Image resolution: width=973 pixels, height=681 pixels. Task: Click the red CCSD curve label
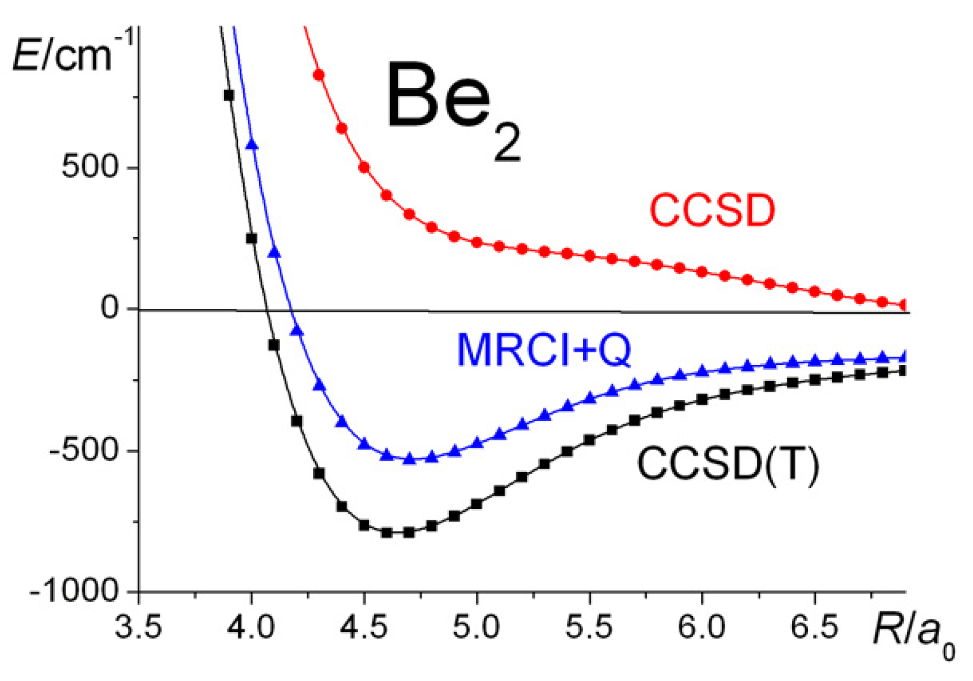tap(712, 210)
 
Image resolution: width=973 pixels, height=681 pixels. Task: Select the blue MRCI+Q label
tap(544, 350)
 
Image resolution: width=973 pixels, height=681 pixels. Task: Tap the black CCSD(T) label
tap(728, 464)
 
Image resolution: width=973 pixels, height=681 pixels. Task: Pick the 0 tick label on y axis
tap(110, 308)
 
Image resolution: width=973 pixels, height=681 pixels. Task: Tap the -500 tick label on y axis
tap(85, 451)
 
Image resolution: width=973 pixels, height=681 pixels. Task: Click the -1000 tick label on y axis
tap(75, 591)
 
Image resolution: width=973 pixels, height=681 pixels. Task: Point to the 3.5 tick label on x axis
tap(139, 627)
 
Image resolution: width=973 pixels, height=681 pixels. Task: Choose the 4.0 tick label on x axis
tap(252, 627)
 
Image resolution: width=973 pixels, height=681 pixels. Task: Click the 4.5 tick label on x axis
tap(364, 627)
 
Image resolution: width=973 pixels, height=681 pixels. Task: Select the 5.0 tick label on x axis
tap(477, 627)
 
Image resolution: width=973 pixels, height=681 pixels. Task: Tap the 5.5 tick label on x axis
tap(590, 627)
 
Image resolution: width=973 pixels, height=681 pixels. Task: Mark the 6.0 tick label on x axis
tap(702, 627)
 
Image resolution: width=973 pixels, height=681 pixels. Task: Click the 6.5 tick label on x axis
tap(814, 627)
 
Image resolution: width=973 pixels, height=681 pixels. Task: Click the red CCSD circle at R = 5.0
tap(477, 242)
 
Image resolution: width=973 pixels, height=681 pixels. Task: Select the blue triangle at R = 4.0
tap(252, 144)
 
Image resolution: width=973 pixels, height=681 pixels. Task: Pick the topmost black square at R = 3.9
tap(229, 95)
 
